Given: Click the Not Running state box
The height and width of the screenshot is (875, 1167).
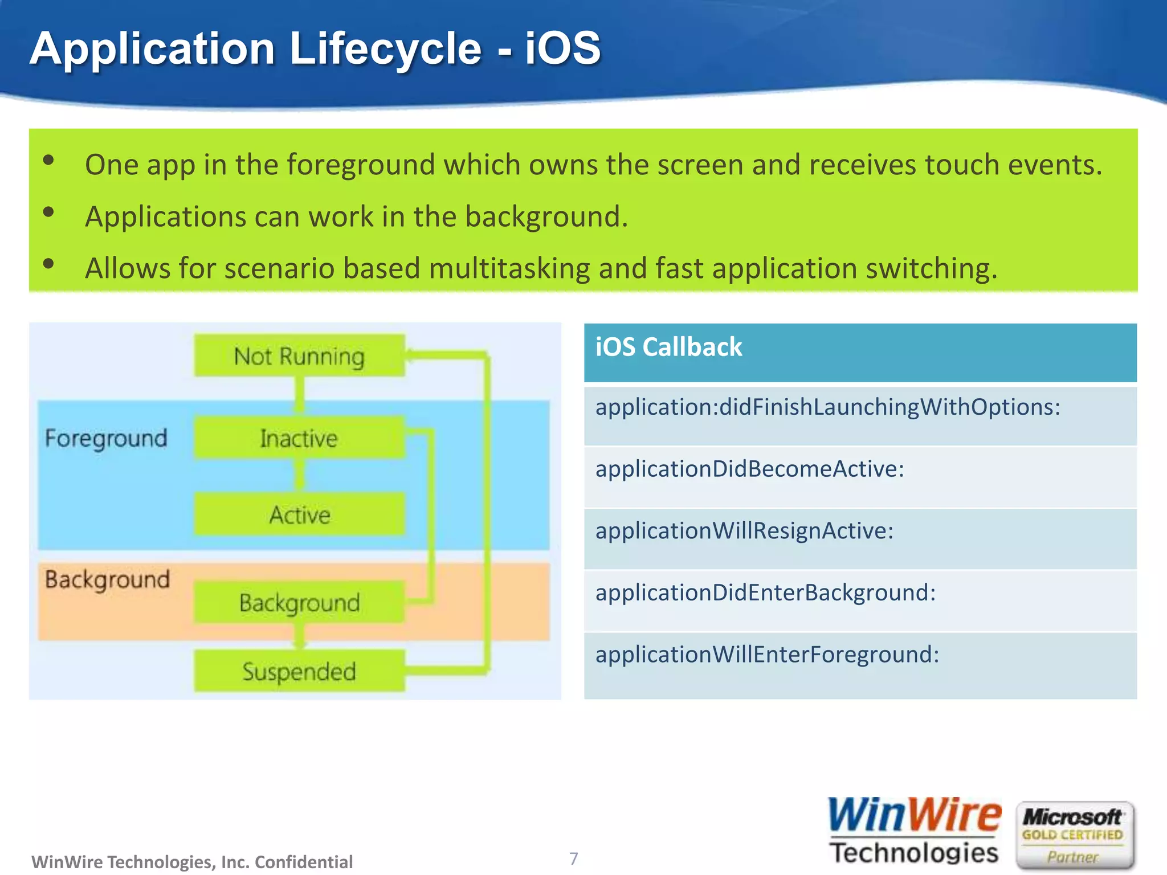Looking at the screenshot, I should pos(299,355).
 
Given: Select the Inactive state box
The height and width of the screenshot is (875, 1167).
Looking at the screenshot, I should pos(299,437).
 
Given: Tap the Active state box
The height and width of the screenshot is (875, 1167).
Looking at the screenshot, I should pos(299,514).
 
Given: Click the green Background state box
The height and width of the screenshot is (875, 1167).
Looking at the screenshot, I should pos(299,602).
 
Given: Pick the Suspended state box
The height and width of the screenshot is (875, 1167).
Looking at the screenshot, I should pos(299,671).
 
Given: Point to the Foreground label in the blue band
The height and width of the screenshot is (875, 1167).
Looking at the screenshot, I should pos(106,438).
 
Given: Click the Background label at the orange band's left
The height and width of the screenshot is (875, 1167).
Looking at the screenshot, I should pos(107,579).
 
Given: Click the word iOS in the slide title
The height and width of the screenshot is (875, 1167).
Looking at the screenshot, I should pos(562,48).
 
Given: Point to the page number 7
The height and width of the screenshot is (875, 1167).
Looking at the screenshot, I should pos(573,858).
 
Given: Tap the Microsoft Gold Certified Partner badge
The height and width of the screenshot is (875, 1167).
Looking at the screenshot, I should pos(1074,835).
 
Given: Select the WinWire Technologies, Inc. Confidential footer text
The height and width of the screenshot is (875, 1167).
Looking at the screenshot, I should pos(192,861).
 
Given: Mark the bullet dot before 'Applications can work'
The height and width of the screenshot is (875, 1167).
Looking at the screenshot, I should pos(48,212).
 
